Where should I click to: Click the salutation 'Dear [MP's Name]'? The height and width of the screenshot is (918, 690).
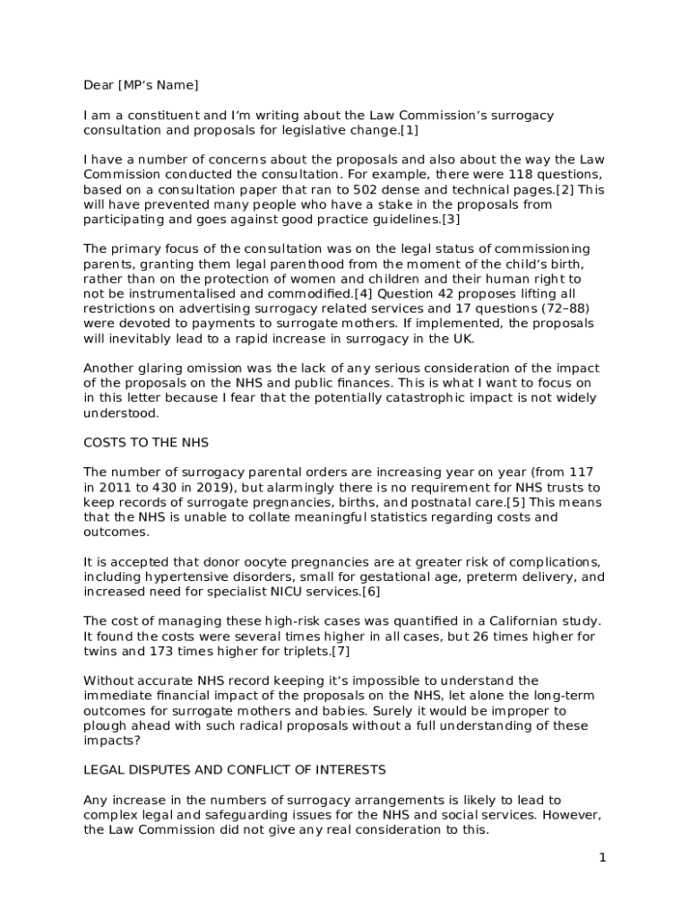tap(141, 85)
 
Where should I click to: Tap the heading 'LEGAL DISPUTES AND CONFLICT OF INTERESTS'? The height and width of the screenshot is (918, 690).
tap(235, 769)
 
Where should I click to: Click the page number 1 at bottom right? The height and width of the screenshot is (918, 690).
tap(603, 858)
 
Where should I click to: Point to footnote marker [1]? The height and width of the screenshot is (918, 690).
tap(410, 130)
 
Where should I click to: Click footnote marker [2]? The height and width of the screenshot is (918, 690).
tap(565, 190)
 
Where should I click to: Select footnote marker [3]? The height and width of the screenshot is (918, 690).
tap(452, 219)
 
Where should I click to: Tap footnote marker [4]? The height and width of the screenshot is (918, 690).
tap(364, 293)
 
